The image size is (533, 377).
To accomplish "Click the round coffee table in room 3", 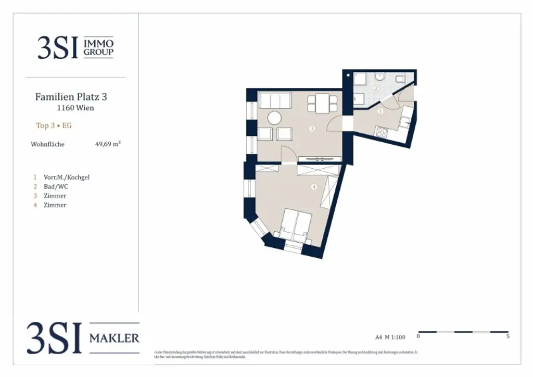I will click(274, 118).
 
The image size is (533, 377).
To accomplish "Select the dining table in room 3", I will click(319, 103).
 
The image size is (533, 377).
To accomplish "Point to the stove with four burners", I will click(381, 132).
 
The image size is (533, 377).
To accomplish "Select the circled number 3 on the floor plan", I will click(312, 128).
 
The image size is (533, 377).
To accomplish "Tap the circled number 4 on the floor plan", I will click(313, 187).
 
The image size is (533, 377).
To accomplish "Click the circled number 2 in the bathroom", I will click(376, 88).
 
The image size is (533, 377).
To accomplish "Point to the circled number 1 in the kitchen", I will click(380, 111).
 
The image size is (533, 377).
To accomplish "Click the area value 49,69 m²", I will click(108, 144).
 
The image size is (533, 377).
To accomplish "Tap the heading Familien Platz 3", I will click(71, 97).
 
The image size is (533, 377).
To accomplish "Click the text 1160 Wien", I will click(75, 108).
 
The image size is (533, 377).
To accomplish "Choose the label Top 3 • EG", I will click(53, 125).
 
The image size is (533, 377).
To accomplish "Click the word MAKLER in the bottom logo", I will click(114, 338).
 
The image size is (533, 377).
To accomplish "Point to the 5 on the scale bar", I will click(507, 336).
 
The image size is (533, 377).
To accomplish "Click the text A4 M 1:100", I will click(390, 337).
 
